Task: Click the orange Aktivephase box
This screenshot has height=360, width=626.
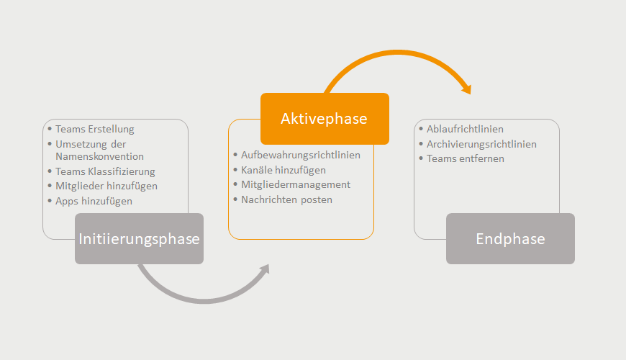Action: pyautogui.click(x=325, y=119)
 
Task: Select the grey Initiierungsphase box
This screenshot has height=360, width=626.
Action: pyautogui.click(x=139, y=238)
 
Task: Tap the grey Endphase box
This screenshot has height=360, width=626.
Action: pyautogui.click(x=510, y=238)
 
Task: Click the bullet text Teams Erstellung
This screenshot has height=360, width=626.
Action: pyautogui.click(x=94, y=129)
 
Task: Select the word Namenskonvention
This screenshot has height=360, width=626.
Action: pyautogui.click(x=99, y=156)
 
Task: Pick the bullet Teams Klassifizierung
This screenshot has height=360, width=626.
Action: pyautogui.click(x=105, y=171)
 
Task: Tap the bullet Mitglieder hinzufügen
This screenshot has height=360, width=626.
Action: pyautogui.click(x=106, y=186)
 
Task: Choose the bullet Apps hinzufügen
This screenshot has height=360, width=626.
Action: pyautogui.click(x=94, y=201)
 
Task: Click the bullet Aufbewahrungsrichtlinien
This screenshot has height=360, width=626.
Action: pyautogui.click(x=301, y=155)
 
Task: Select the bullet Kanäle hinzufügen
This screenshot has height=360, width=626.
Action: pyautogui.click(x=283, y=170)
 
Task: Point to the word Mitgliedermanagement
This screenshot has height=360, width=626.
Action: pyautogui.click(x=296, y=184)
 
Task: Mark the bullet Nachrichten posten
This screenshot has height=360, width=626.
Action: pyautogui.click(x=286, y=199)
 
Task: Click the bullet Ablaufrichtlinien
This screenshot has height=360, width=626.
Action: pyautogui.click(x=465, y=129)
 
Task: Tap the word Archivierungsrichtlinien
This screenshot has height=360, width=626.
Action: pyautogui.click(x=481, y=144)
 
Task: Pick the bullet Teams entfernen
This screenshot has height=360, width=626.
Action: pyautogui.click(x=466, y=158)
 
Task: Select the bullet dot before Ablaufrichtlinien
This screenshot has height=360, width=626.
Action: pyautogui.click(x=421, y=129)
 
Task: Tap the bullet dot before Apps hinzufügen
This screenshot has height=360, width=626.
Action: pyautogui.click(x=50, y=201)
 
